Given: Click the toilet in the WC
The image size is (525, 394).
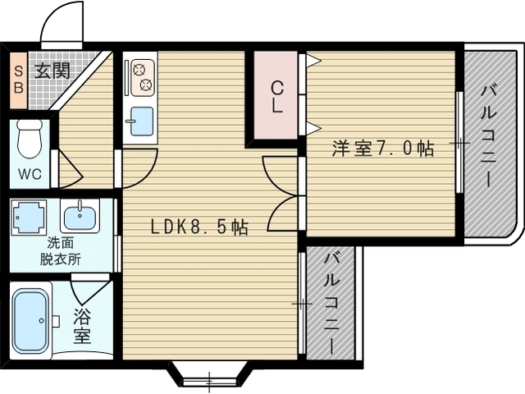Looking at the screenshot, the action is pyautogui.click(x=30, y=139).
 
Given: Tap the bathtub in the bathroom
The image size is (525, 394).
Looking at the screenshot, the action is pyautogui.click(x=30, y=320).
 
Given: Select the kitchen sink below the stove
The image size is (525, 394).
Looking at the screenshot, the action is pyautogui.click(x=142, y=121).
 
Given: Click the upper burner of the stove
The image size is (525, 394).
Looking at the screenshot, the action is pyautogui.click(x=139, y=70).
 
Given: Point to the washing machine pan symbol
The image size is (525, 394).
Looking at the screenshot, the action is pyautogui.click(x=29, y=217).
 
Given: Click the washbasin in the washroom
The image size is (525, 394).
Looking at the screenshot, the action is pyautogui.click(x=80, y=216).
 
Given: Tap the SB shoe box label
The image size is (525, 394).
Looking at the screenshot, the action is pyautogui.click(x=18, y=80).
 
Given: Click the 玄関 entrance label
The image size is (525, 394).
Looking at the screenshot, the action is pyautogui.click(x=52, y=71).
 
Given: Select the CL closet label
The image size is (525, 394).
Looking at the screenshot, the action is pyautogui.click(x=277, y=97).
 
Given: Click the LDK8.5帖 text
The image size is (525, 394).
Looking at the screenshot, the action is pyautogui.click(x=199, y=227).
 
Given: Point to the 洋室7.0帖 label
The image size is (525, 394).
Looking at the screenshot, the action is pyautogui.click(x=383, y=148).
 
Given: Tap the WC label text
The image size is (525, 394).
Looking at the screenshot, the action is pyautogui.click(x=30, y=174).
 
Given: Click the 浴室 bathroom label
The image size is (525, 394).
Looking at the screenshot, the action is pyautogui.click(x=82, y=326).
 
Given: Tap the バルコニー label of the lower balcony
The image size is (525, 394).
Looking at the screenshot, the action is pyautogui.click(x=331, y=304).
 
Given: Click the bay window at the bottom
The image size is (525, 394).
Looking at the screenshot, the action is pyautogui.click(x=210, y=374).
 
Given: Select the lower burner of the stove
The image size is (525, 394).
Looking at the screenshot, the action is pyautogui.click(x=146, y=85).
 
